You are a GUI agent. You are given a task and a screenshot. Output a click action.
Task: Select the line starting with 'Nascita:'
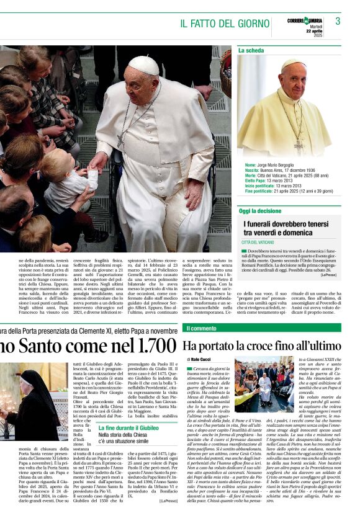pyautogui.click(x=282, y=170)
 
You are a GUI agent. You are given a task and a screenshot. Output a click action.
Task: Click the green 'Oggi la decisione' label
pyautogui.click(x=260, y=212)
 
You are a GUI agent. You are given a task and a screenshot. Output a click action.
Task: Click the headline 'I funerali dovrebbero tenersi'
pyautogui.click(x=287, y=224)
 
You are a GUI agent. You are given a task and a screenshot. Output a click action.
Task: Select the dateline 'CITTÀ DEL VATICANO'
pyautogui.click(x=258, y=242)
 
